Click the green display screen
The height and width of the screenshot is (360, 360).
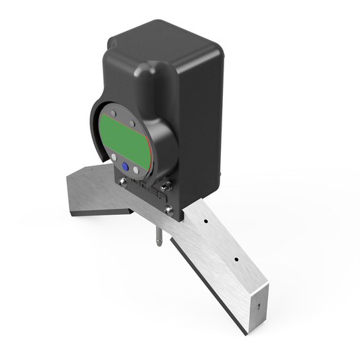point(123,134)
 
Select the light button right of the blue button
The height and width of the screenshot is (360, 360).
point(136,170)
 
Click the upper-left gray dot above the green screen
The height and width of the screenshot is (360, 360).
point(113,113)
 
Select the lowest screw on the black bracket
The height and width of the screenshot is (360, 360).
point(168,211)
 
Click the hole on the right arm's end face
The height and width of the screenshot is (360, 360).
point(257,305)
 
